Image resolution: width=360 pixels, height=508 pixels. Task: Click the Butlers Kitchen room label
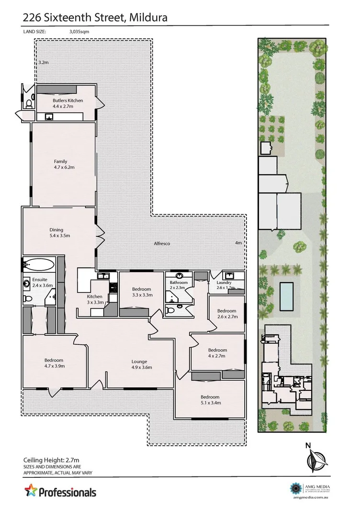(x=67, y=100)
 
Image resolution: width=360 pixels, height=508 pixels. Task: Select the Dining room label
(x=56, y=230)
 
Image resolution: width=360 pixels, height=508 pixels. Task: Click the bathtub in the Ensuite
(x=38, y=264)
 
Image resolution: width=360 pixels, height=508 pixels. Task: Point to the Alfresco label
(x=163, y=243)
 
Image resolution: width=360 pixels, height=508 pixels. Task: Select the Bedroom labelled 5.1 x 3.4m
(x=210, y=397)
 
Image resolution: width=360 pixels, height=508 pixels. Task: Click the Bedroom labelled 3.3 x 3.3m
(x=142, y=289)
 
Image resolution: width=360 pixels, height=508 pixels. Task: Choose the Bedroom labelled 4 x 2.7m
(x=217, y=349)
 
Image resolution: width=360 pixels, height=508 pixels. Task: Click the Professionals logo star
(x=30, y=492)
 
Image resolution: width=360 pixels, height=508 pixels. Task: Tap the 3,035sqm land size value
(x=80, y=33)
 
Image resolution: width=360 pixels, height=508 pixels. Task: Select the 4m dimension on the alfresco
(x=238, y=243)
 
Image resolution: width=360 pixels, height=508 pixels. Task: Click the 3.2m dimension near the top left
(x=44, y=63)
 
